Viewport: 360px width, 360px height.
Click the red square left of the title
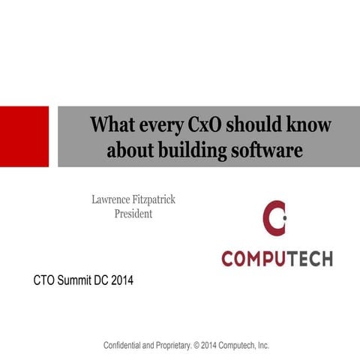tap(24, 136)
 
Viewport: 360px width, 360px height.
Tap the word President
tap(133, 214)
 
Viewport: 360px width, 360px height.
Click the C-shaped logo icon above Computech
tap(274, 218)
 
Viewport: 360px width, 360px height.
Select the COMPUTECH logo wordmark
tap(277, 257)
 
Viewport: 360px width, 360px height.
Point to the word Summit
tap(82, 282)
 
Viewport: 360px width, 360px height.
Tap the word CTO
tap(46, 282)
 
